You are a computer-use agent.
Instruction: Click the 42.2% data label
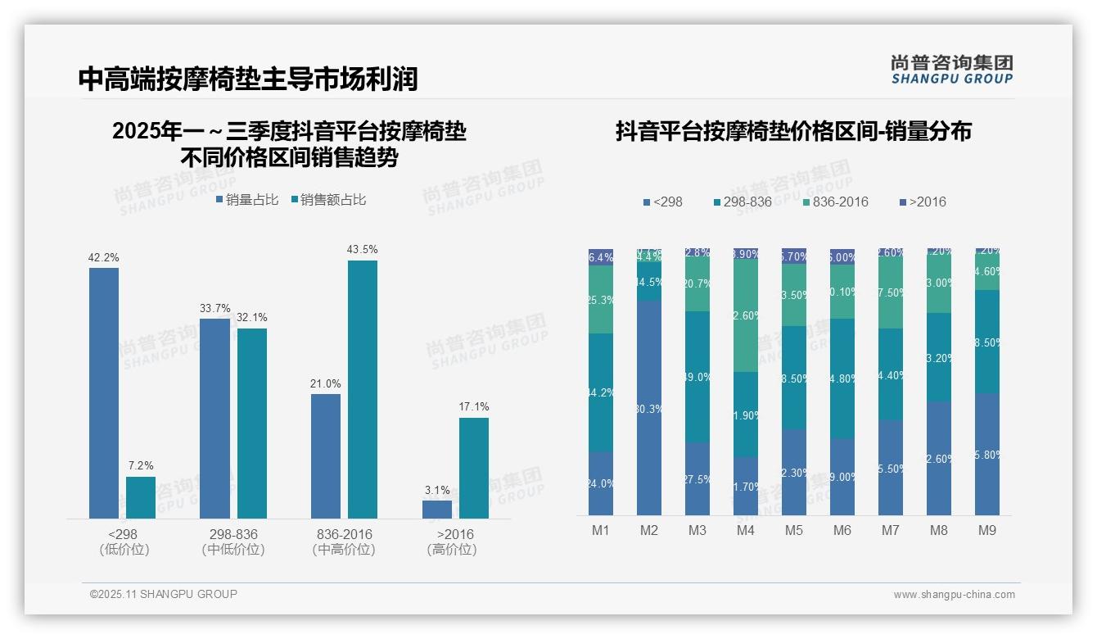coord(104,257)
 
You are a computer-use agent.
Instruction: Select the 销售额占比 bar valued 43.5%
coord(362,389)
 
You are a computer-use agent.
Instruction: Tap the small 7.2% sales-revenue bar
coord(141,497)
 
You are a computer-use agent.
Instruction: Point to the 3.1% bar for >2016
coord(437,509)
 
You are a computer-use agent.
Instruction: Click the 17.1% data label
coord(474,406)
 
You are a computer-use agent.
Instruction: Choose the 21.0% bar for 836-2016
coord(326,455)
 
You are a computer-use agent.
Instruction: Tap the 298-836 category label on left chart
coord(233,534)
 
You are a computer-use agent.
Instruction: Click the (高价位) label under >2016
coord(452,550)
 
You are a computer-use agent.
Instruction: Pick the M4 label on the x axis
coord(746,530)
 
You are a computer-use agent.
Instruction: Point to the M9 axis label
coord(987,530)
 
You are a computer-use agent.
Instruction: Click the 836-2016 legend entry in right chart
coord(834,202)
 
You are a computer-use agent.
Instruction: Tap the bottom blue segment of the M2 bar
coord(649,407)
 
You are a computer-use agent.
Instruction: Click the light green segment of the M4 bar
coord(746,315)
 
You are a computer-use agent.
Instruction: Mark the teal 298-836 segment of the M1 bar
coord(601,392)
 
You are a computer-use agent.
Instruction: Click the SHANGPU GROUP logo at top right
coord(952,69)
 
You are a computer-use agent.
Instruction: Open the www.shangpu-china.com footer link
coord(954,595)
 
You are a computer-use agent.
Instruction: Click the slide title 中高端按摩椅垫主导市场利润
coord(248,79)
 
